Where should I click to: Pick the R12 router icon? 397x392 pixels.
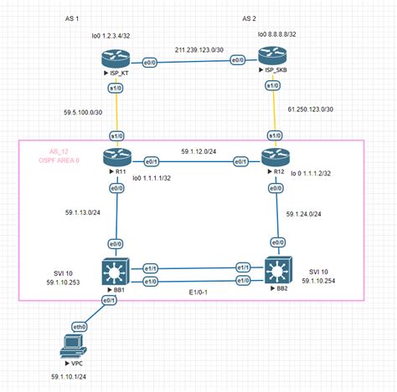pos(273,157)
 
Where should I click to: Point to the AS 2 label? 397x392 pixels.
pos(249,17)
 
